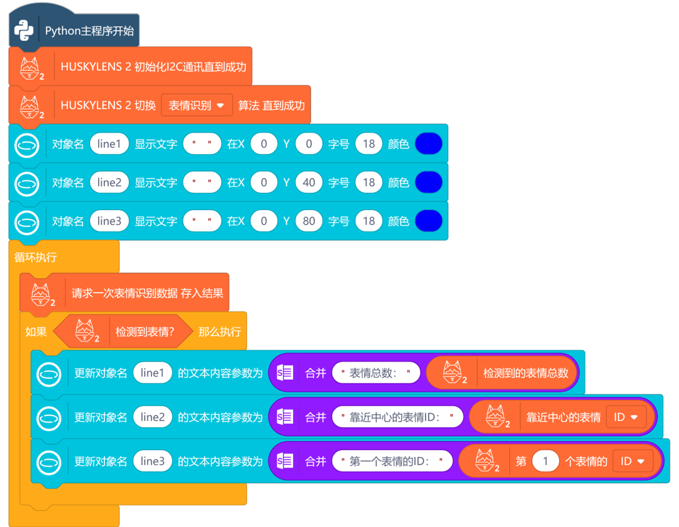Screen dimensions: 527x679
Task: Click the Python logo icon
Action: tap(24, 30)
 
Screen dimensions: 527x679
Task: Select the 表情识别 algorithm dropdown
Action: tap(197, 105)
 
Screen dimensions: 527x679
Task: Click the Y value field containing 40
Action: tap(308, 182)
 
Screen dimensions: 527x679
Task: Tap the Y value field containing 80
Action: tap(308, 221)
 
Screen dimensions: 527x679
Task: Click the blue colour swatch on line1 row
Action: tap(428, 144)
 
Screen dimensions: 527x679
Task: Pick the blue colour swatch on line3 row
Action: tap(428, 221)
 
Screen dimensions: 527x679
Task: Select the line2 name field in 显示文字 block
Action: tap(109, 182)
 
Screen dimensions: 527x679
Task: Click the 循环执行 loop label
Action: tap(36, 257)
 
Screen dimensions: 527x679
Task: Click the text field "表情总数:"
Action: tap(375, 373)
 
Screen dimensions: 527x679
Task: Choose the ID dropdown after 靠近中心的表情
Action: tap(626, 417)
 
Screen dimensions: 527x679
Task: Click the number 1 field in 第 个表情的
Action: tap(545, 461)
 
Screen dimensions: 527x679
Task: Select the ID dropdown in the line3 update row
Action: tap(632, 461)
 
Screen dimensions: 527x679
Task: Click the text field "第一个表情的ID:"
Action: tap(392, 461)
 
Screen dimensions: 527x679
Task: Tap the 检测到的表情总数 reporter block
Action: tap(526, 373)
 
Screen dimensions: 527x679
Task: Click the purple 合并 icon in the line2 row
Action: tap(285, 417)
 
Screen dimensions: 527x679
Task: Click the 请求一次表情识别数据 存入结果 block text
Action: tap(147, 293)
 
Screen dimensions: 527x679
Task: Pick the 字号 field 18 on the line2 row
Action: tap(368, 182)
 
